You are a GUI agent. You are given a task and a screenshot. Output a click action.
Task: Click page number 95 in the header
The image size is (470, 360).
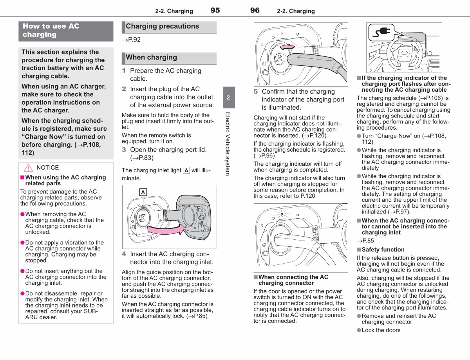(x=215, y=10)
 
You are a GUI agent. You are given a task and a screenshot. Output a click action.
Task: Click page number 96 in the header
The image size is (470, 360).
(x=255, y=10)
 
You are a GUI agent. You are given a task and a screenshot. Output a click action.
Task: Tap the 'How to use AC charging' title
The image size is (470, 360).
(x=51, y=30)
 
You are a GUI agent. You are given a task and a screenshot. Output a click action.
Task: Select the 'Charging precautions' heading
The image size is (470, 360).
(x=162, y=26)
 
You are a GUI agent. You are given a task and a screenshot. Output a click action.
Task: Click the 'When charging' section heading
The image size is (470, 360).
(x=152, y=57)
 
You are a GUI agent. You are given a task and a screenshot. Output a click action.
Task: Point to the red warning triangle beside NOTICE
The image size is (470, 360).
(x=28, y=168)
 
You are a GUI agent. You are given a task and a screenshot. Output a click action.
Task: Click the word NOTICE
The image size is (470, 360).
(x=47, y=168)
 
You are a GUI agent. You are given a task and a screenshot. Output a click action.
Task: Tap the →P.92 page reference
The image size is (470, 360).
(x=131, y=40)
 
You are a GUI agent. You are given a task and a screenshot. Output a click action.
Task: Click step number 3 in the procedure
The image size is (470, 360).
(x=124, y=150)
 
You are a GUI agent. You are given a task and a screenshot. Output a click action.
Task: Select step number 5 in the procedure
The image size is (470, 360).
(x=256, y=91)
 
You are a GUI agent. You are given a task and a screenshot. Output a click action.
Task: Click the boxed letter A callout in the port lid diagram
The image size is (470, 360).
(x=143, y=192)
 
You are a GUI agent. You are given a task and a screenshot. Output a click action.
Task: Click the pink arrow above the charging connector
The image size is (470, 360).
(x=287, y=47)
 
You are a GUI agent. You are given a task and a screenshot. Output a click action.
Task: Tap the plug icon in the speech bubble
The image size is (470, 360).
(x=381, y=33)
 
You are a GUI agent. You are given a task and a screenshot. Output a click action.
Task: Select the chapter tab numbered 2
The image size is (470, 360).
(x=229, y=97)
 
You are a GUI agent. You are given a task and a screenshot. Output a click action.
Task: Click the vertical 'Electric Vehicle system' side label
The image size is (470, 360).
(x=228, y=144)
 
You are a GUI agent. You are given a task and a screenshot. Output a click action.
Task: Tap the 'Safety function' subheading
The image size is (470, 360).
(x=383, y=250)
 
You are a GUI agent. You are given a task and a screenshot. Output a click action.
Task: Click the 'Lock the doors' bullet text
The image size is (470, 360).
(x=381, y=330)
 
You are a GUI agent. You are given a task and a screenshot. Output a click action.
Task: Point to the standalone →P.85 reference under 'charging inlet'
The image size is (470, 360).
(x=365, y=241)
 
